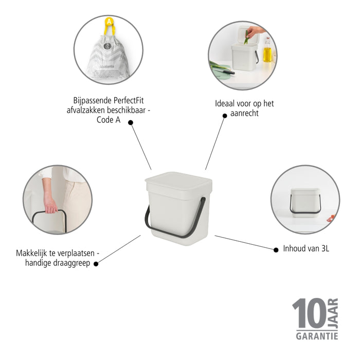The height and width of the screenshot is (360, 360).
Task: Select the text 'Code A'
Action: pos(108,118)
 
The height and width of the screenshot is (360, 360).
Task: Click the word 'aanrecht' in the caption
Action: pos(244,113)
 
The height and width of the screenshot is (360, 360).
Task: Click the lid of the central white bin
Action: pos(178,182)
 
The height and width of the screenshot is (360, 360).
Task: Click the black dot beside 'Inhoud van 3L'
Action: pos(275,249)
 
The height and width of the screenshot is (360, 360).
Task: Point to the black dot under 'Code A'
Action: pos(131,122)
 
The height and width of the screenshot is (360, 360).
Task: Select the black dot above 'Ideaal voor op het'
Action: pos(224,116)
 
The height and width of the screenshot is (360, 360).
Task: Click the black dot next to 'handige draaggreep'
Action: pos(96,262)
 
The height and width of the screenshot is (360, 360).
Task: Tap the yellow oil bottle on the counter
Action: pos(267,53)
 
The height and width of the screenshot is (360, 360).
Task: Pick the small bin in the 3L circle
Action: pos(304,202)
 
